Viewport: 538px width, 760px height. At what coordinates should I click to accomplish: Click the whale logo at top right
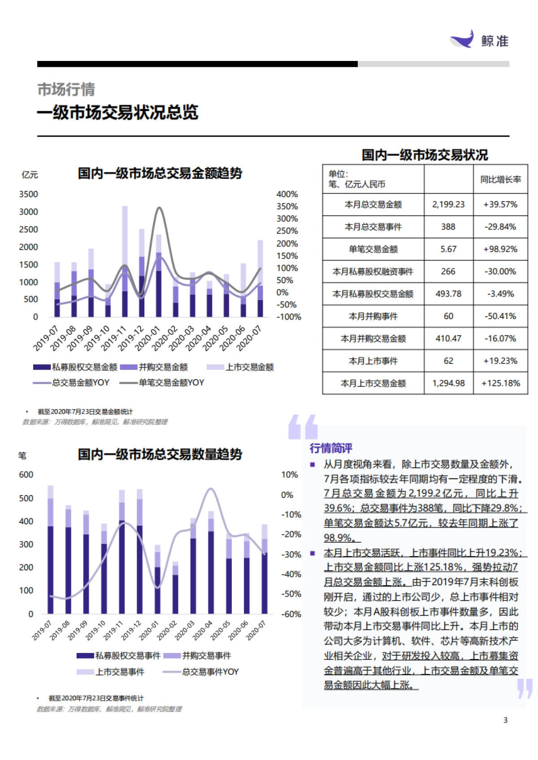coord(463,39)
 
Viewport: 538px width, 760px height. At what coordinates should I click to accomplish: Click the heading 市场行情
coord(66,89)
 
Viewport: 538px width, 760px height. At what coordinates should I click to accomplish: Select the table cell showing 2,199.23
coord(448,204)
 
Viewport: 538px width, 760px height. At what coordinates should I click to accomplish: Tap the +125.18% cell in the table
coord(500,383)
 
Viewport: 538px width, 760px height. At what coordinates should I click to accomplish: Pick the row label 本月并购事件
coord(373,316)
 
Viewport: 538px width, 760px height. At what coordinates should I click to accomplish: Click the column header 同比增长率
coord(500,180)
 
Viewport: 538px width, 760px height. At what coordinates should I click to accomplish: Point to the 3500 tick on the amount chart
coord(28,194)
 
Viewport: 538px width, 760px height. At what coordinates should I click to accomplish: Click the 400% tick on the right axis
coord(287,194)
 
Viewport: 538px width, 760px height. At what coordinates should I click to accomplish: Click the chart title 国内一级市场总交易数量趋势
coord(160,454)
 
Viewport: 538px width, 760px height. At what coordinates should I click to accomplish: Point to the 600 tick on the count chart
coord(26,475)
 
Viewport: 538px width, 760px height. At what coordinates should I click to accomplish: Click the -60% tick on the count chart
coord(291,614)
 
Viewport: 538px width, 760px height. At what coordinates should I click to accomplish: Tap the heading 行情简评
coord(331,448)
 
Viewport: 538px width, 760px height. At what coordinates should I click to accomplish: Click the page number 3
coord(505,720)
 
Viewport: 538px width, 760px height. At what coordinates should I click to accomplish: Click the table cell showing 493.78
coord(448,294)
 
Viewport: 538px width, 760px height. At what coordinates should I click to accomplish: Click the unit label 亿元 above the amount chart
coord(30,175)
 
